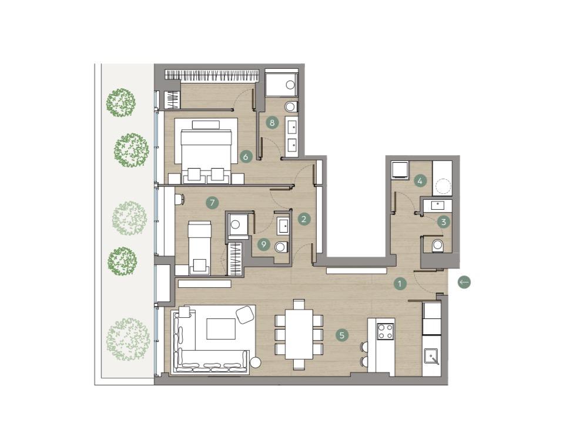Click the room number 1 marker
(x=400, y=284)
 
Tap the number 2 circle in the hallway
(x=304, y=219)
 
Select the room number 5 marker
(x=342, y=335)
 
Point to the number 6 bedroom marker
(x=246, y=157)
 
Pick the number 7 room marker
(x=212, y=203)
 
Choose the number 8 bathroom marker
(x=273, y=123)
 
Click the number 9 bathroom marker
(x=264, y=244)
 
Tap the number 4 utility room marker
(x=420, y=182)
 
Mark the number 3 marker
(x=443, y=222)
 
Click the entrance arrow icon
(x=464, y=283)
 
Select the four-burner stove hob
(x=386, y=331)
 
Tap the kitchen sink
(x=432, y=357)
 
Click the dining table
(x=299, y=334)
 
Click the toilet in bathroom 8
(x=291, y=107)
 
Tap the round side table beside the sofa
(x=256, y=362)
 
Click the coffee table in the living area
(x=221, y=329)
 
